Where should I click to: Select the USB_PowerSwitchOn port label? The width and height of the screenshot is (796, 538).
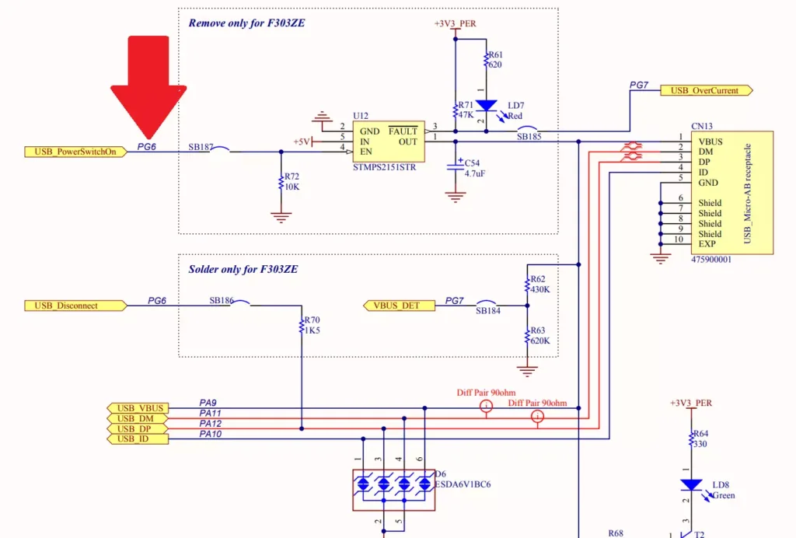tap(75, 152)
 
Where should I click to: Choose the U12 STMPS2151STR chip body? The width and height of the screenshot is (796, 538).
tap(388, 141)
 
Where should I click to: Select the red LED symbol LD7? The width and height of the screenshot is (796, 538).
tap(486, 106)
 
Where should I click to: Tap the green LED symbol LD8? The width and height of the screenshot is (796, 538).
tap(691, 484)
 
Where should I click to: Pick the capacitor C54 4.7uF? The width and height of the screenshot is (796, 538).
tap(455, 167)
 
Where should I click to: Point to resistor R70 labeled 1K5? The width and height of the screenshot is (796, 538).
tap(302, 326)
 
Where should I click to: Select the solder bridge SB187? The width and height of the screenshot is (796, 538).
tap(220, 149)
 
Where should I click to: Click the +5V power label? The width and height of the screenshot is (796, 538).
tap(302, 141)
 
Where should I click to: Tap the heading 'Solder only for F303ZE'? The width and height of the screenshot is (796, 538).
tap(243, 270)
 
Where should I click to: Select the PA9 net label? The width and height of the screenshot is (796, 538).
tap(208, 403)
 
